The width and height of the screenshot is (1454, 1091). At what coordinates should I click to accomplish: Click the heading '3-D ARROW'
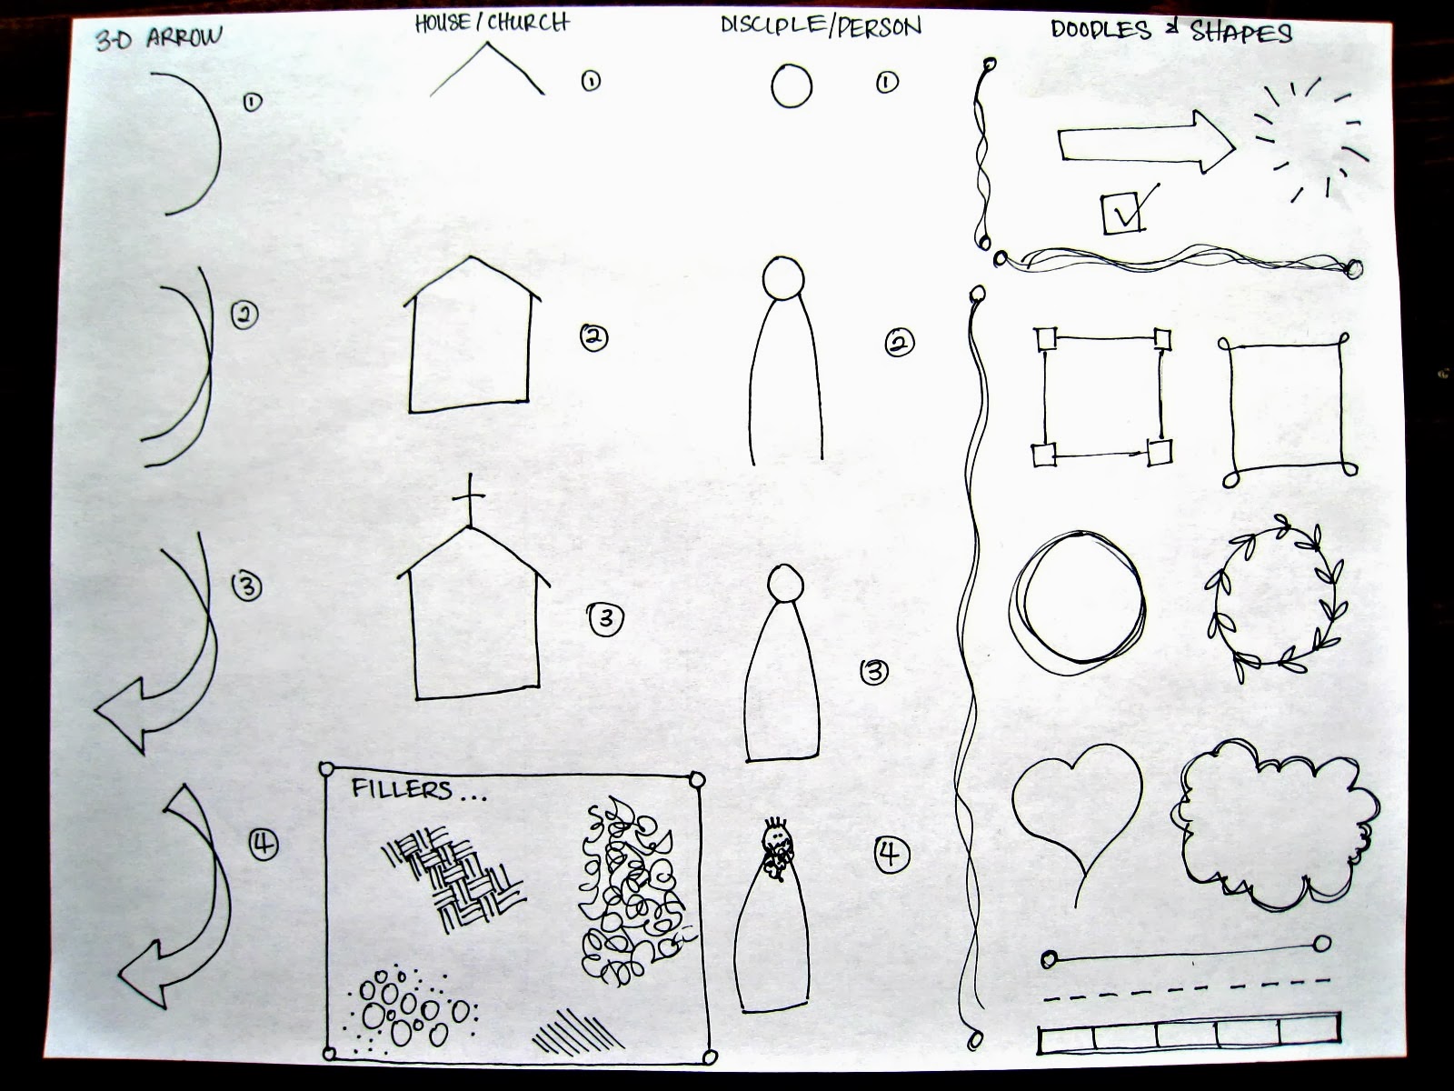click(159, 38)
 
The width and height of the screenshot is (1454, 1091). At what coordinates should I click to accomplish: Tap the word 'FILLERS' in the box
click(402, 789)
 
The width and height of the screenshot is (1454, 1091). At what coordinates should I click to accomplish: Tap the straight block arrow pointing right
click(1146, 143)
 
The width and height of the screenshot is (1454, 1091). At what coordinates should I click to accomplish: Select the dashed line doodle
click(1186, 989)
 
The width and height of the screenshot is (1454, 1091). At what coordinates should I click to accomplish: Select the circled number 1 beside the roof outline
click(590, 81)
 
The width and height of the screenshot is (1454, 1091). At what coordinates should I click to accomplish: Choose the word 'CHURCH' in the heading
click(529, 23)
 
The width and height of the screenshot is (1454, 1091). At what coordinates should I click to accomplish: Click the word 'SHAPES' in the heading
click(1241, 32)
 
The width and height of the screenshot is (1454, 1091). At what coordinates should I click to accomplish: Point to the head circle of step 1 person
click(792, 85)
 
